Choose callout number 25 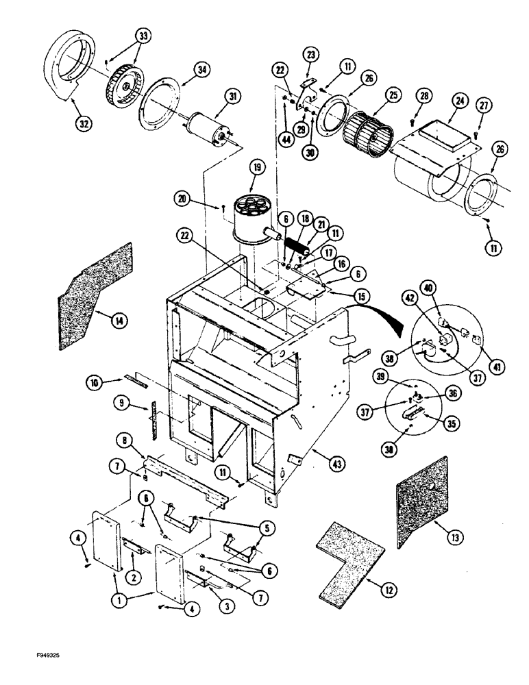[393, 96]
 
